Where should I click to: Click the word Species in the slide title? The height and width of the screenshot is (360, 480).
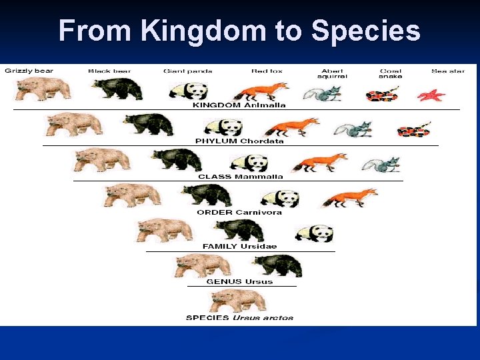(x=366, y=31)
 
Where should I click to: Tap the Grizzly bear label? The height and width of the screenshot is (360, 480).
(x=29, y=71)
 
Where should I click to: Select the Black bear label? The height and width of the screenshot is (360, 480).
(x=109, y=71)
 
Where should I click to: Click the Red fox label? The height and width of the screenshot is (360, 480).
(x=267, y=71)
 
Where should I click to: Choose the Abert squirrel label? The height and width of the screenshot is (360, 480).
(x=333, y=73)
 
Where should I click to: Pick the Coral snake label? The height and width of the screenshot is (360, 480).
(x=390, y=73)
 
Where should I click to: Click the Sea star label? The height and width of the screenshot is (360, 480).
(x=448, y=71)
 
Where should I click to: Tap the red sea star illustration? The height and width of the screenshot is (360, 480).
(x=431, y=95)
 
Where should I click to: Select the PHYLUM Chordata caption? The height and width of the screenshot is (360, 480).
(x=239, y=141)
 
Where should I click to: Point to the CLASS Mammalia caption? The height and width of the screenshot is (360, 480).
(x=240, y=177)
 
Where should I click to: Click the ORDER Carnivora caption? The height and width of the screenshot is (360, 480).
(x=239, y=212)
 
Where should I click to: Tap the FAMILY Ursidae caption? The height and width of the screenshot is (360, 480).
(x=239, y=247)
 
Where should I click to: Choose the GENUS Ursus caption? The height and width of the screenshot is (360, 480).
(x=239, y=281)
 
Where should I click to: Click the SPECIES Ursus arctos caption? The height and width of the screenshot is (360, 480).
(x=239, y=317)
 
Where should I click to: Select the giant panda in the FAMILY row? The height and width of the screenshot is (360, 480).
(x=314, y=233)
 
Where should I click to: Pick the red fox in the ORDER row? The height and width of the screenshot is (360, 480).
(x=349, y=197)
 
